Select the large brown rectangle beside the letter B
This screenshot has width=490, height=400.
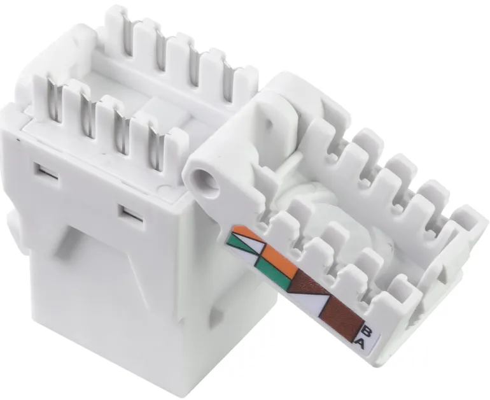click(x=343, y=318)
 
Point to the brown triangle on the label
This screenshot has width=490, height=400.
click(x=309, y=283)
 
